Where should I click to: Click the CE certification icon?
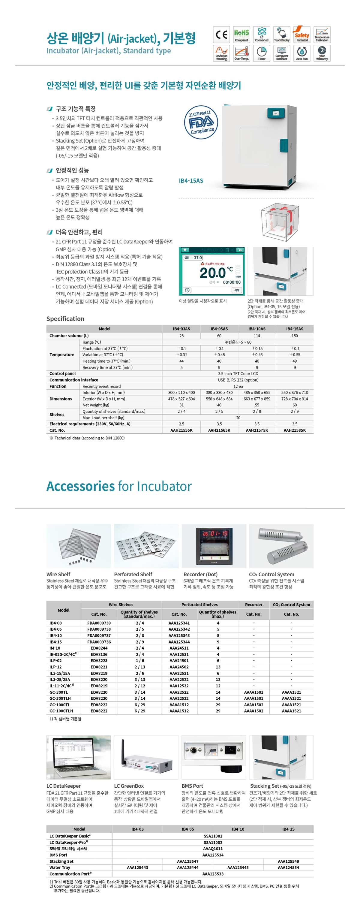point(221,35)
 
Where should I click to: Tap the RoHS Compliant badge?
point(241,35)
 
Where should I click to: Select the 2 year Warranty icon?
point(322,53)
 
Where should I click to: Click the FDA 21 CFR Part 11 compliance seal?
point(201,122)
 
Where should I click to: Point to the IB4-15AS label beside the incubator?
point(191,181)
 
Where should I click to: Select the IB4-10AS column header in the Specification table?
point(257,329)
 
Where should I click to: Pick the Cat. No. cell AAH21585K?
point(294,430)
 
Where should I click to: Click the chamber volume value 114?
point(257,336)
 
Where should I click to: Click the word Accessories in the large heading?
point(80,486)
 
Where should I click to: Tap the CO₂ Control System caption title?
point(271,575)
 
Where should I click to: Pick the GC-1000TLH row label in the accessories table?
point(61,711)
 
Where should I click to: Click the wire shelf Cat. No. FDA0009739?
point(99,623)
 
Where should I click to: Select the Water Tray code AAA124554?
point(288,867)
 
